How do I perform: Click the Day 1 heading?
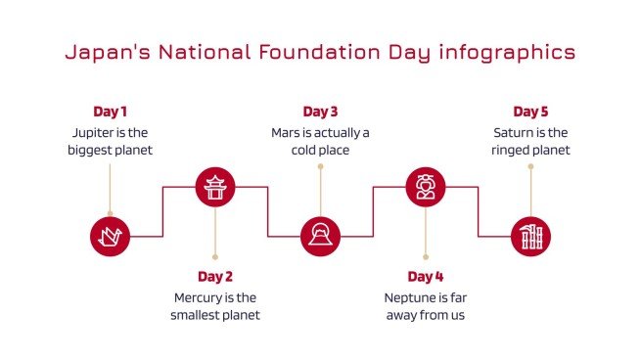[x=110, y=112]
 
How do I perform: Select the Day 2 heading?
[x=215, y=276]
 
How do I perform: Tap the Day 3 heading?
[x=320, y=112]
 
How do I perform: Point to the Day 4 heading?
[x=426, y=276]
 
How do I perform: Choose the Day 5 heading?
[x=530, y=112]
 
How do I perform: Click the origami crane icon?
[x=110, y=236]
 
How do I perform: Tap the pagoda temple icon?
[x=215, y=186]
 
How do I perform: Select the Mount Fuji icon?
[x=320, y=236]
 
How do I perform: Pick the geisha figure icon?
[x=426, y=186]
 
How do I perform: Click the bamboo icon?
[x=530, y=236]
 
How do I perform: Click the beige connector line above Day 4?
[x=426, y=235]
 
